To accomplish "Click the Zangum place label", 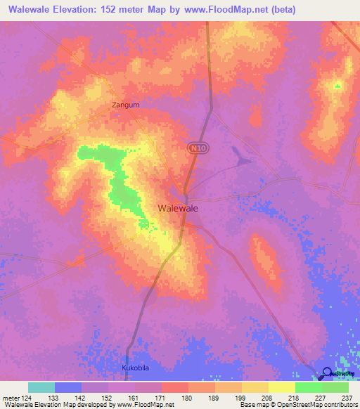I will [x=126, y=105].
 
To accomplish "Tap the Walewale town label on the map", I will [x=178, y=208].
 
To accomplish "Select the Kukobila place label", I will [x=134, y=368].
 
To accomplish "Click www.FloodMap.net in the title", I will [x=226, y=10].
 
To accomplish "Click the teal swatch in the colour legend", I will [x=41, y=387].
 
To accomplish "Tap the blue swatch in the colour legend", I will [x=68, y=387].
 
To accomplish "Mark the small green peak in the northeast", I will [x=337, y=86].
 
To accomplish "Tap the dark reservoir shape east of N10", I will [x=242, y=158].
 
